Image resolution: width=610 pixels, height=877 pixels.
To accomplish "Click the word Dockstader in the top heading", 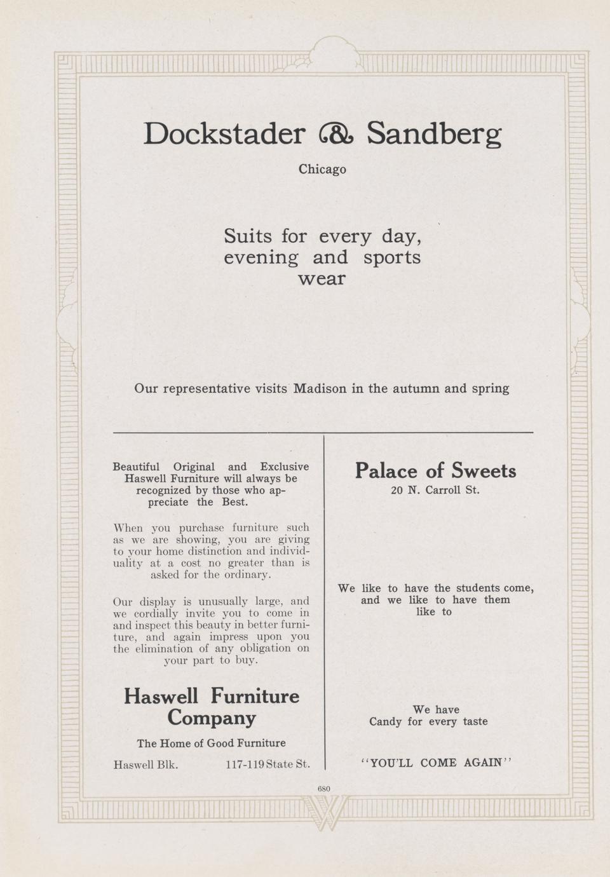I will point(224,133).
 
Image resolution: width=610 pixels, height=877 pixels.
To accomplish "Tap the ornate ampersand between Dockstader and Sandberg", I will point(335,134).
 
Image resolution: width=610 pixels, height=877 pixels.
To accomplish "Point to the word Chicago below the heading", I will point(322,170).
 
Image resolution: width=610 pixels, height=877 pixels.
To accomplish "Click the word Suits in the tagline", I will point(248,236).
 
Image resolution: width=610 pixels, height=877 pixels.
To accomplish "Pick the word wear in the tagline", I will point(322,278).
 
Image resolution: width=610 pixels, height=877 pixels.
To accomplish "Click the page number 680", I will point(323,789).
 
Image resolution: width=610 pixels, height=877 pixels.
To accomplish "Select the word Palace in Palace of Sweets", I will point(386,471).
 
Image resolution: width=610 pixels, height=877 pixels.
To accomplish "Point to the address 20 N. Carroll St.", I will point(435,491).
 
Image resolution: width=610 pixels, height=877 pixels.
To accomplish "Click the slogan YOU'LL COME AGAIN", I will point(435,763).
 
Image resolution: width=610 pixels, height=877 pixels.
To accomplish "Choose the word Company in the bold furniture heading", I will point(212,718).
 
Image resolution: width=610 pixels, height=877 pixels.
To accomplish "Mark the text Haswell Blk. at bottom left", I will point(146,764).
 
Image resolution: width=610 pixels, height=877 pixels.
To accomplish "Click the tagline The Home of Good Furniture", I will point(212,743).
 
